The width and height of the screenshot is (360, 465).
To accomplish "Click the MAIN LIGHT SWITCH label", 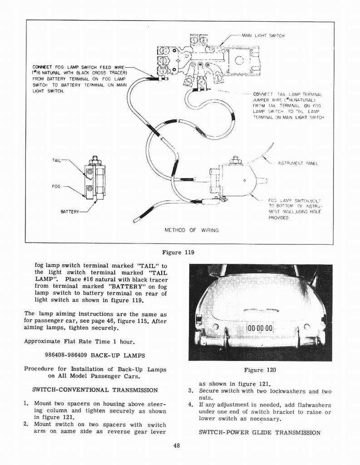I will tap(263, 36).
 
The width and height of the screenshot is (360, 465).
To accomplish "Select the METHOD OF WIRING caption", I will tap(191, 230).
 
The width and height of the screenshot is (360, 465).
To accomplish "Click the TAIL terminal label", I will tap(57, 160).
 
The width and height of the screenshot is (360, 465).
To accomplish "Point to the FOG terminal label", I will tap(57, 186).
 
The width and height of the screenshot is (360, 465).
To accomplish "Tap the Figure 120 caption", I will tap(260, 370).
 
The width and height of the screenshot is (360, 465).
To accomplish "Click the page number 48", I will tap(177, 445).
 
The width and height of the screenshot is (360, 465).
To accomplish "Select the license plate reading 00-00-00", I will tap(260, 329).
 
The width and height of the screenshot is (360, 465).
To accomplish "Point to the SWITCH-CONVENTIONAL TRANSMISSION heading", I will tap(95, 390).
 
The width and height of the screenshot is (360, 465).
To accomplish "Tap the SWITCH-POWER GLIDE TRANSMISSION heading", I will tap(260, 432).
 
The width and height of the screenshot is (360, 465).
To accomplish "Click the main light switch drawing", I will tap(207, 59).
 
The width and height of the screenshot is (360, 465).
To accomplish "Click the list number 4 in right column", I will tap(191, 405).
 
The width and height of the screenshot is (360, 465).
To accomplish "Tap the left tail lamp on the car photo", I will tap(199, 319).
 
